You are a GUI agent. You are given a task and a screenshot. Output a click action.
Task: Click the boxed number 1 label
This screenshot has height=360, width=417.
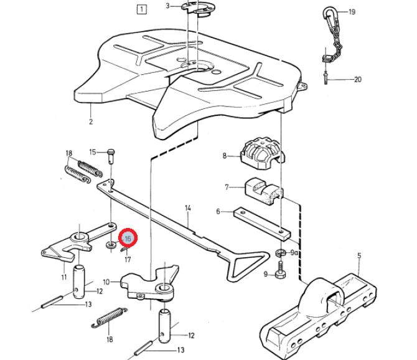point(141,10)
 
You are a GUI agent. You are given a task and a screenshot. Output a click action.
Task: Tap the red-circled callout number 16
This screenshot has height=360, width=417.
point(128,238)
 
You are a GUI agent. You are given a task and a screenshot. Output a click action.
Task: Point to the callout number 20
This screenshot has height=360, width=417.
point(357,79)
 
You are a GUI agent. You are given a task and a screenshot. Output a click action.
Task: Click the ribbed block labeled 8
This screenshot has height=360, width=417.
point(263,153)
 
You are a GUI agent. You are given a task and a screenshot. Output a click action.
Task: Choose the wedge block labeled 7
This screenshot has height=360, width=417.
point(263,192)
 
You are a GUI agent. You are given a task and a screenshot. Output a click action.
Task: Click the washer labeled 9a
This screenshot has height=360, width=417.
point(280,252)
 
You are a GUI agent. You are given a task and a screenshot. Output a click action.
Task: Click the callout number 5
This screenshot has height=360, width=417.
point(359,256)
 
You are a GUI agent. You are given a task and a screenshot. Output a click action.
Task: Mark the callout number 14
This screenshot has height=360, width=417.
point(188,208)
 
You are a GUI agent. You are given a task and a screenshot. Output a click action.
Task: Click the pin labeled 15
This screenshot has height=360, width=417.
point(111,156)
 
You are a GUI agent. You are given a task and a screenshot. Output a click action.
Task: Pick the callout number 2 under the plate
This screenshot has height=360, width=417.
point(91,121)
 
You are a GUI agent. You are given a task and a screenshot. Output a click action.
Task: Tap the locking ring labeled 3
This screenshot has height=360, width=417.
point(196,8)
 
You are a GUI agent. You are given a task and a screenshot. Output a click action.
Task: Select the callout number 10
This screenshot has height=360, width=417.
point(106,282)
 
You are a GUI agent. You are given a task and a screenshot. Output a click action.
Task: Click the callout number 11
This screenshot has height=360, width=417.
point(64,277)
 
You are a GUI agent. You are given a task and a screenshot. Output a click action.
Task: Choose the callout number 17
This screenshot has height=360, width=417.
point(128,259)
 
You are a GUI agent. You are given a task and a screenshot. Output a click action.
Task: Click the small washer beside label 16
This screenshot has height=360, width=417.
point(111,245)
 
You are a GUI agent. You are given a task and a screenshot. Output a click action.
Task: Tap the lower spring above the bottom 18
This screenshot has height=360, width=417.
point(109,317)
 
